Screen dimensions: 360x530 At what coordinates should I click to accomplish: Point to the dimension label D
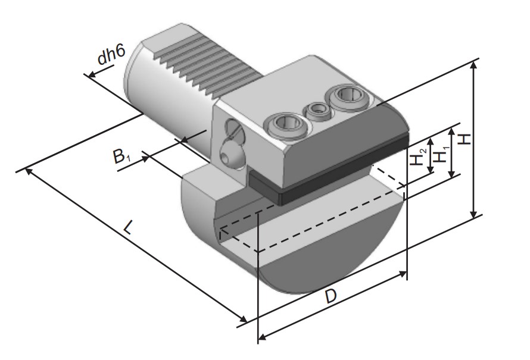[x=331, y=296]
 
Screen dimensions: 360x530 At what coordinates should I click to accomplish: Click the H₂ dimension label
[x=421, y=157]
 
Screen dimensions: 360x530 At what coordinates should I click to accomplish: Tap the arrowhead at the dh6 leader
[x=89, y=75]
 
